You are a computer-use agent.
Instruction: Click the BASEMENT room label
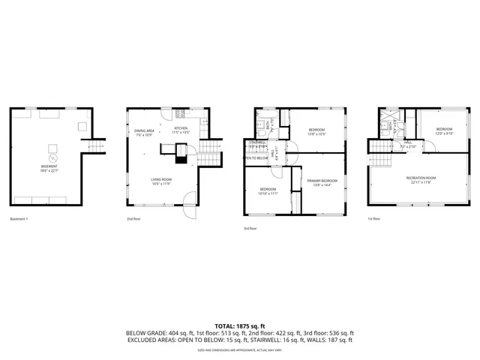tap(53, 168)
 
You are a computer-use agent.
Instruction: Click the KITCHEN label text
tap(181, 130)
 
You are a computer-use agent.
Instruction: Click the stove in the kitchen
tap(179, 114)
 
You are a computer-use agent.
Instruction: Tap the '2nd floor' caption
tap(133, 219)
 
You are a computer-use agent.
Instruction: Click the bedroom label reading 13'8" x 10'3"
tap(316, 132)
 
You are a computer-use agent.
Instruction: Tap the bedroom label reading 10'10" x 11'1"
tap(268, 190)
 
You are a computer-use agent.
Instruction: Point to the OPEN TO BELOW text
tap(256, 158)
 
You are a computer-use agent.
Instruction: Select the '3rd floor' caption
tap(250, 228)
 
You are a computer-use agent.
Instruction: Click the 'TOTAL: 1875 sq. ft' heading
tap(240, 325)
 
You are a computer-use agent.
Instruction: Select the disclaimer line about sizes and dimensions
tap(240, 349)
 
